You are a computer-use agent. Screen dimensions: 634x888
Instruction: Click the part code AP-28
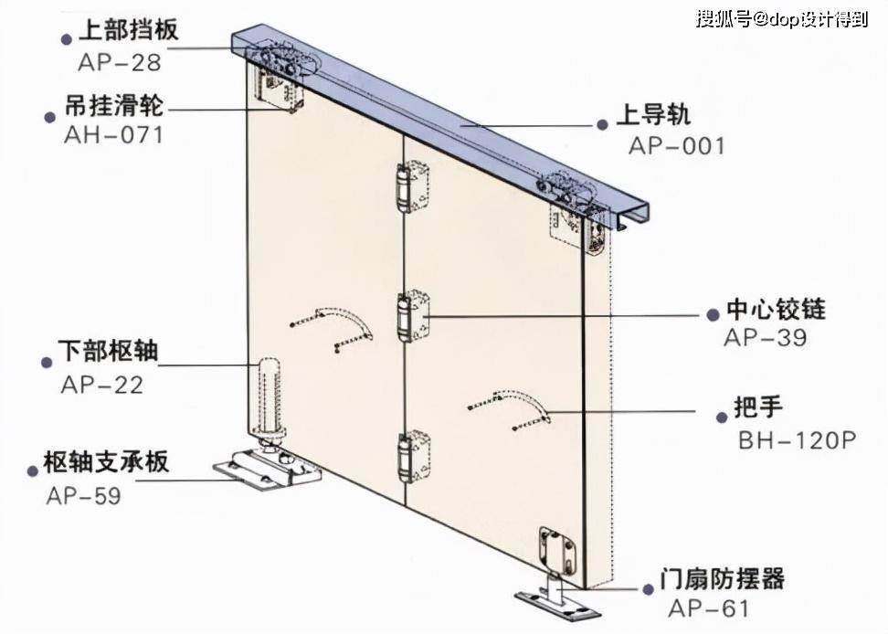tap(120, 62)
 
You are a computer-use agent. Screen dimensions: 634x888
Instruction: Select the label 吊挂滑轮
tap(114, 106)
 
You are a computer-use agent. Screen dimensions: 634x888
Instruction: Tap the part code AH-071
tap(113, 135)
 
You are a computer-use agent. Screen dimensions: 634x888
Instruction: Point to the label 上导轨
tap(654, 116)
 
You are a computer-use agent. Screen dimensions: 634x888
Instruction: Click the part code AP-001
tap(677, 145)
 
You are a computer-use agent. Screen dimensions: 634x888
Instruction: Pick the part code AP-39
tap(766, 337)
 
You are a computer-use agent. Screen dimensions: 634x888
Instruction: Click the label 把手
tap(758, 407)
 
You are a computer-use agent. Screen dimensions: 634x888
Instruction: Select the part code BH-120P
tap(797, 439)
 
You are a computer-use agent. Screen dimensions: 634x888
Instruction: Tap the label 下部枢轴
tap(109, 352)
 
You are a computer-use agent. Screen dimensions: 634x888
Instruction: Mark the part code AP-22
tap(102, 384)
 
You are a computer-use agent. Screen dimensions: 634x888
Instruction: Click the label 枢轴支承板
tap(106, 463)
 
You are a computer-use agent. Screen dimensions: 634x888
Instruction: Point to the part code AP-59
tap(83, 495)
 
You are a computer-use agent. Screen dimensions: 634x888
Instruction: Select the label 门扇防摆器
tap(723, 579)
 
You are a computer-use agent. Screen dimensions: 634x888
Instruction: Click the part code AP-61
tap(709, 608)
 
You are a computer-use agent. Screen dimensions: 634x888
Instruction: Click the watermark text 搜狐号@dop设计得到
tap(781, 19)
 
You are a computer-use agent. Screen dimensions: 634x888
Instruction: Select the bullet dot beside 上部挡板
tap(66, 39)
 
